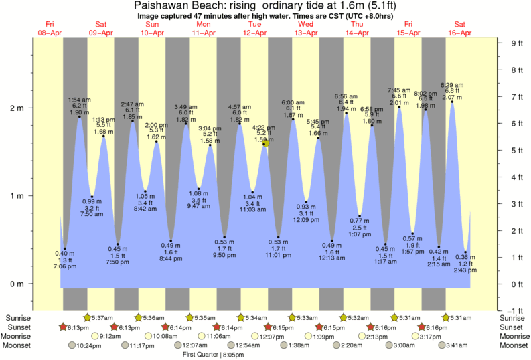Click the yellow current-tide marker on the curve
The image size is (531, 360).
(266, 143)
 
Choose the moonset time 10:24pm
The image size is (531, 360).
(88, 345)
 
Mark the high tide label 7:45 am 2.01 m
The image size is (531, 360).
(400, 96)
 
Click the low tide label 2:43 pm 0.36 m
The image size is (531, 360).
(466, 264)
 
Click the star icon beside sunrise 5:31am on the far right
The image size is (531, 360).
(445, 317)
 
